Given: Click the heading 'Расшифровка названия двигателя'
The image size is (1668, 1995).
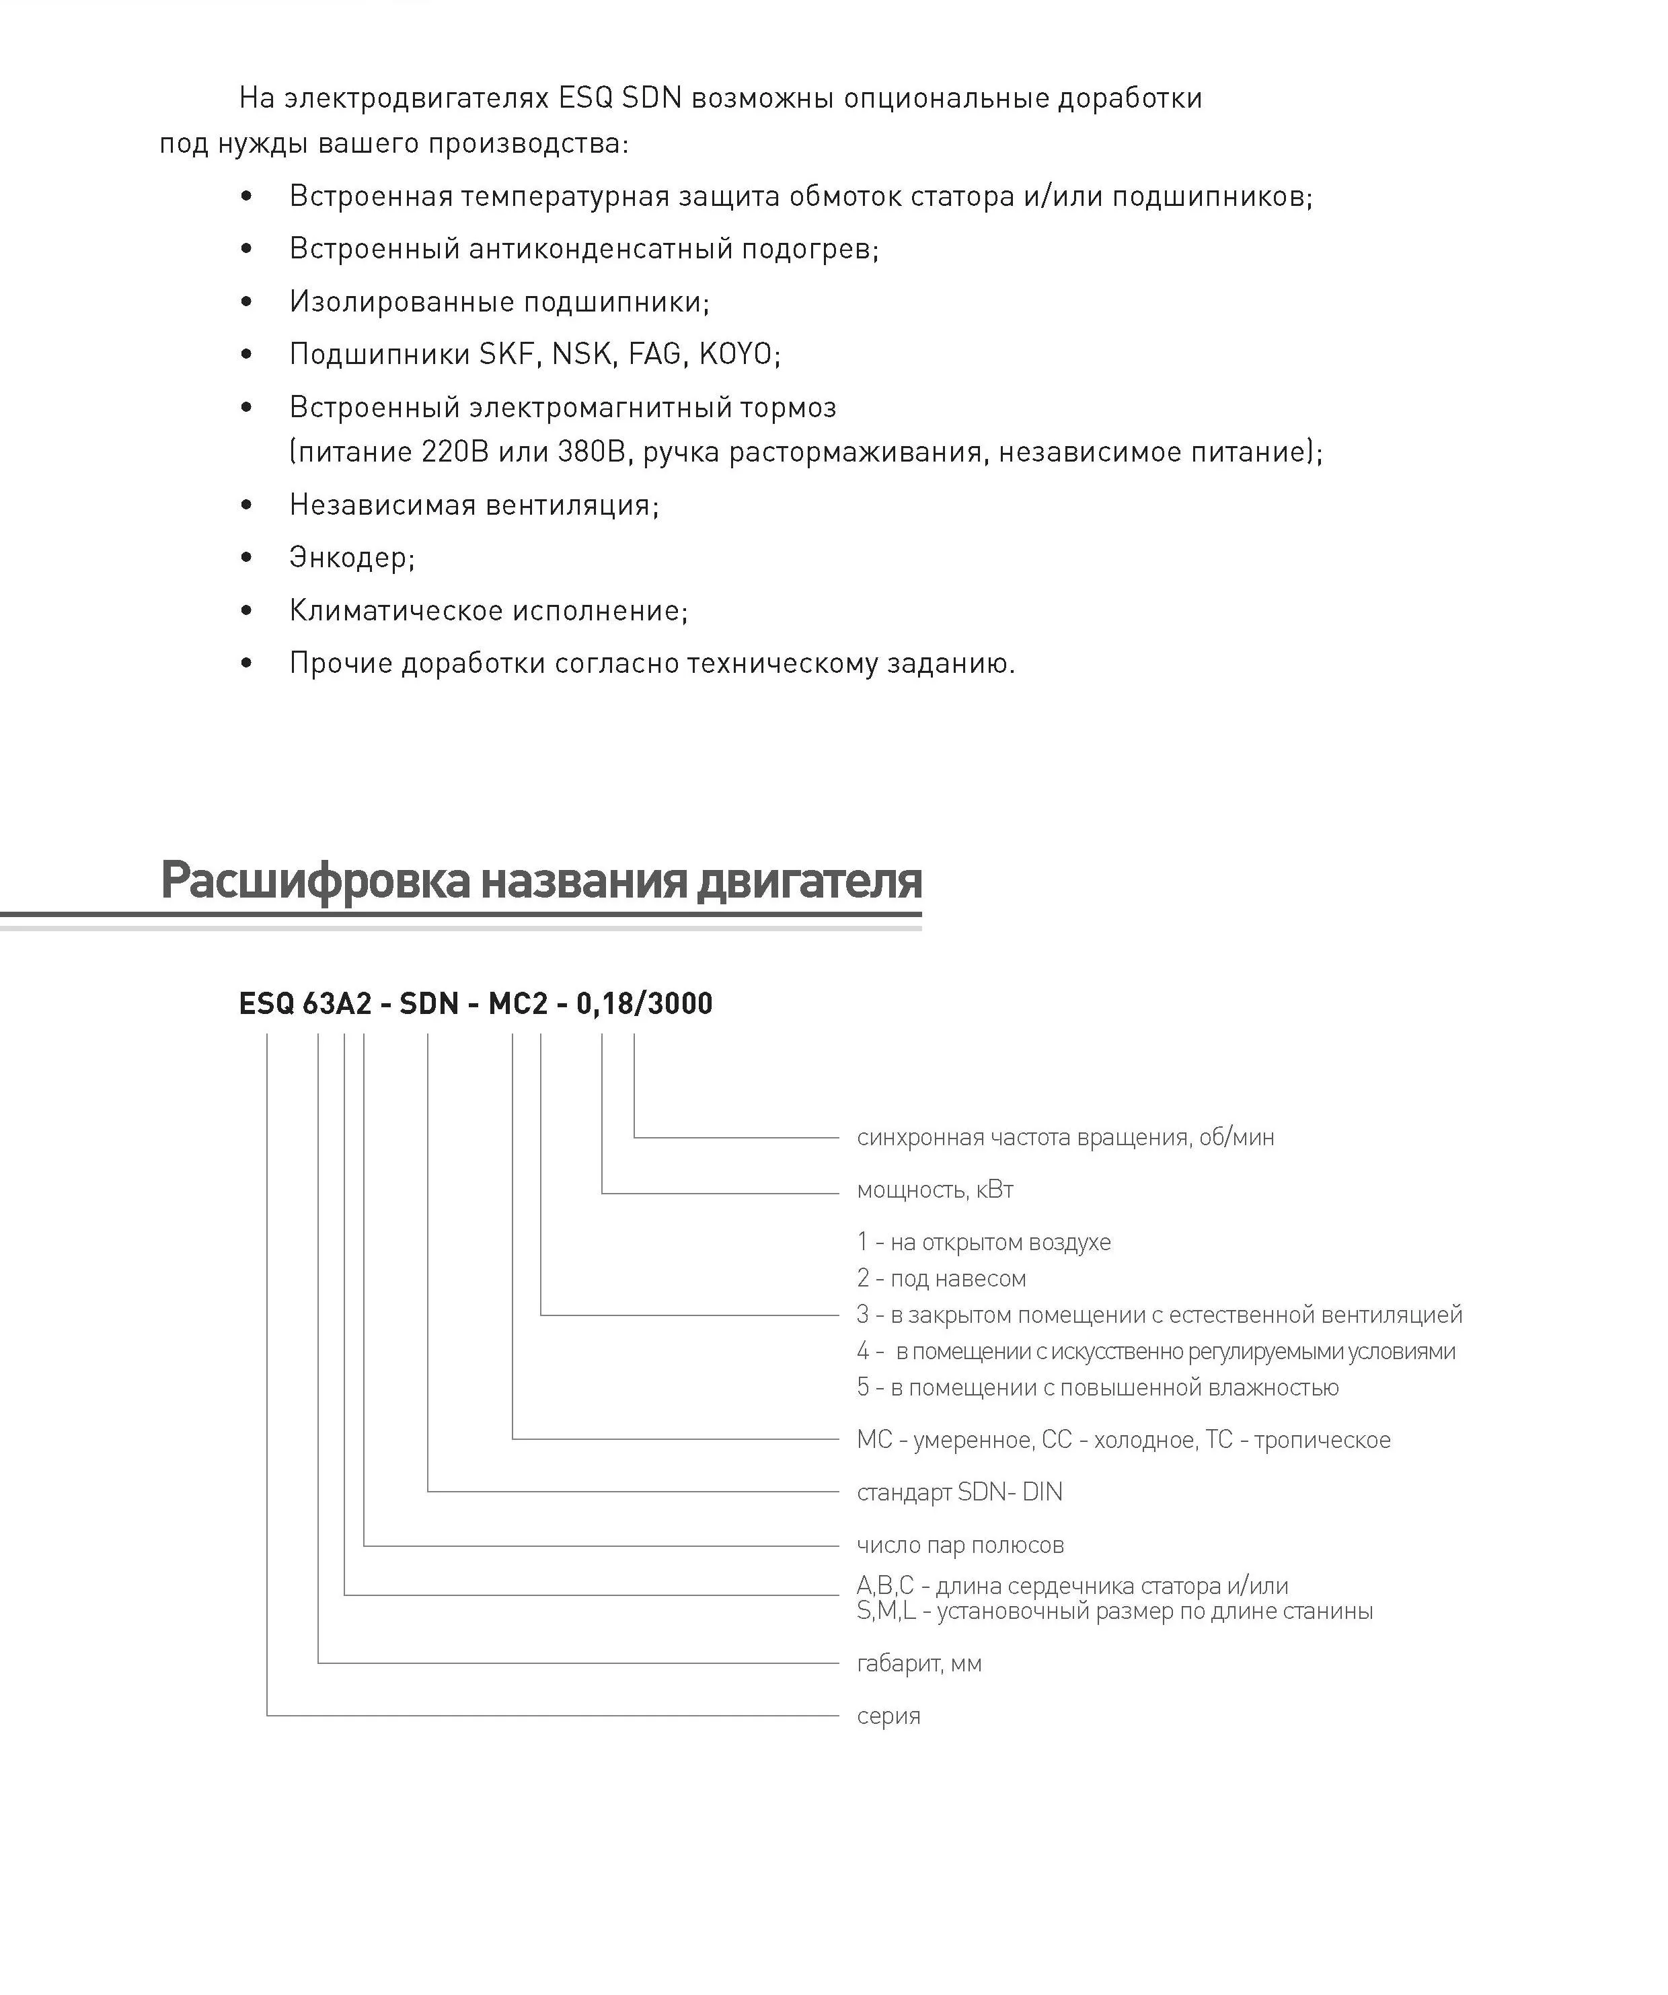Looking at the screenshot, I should pyautogui.click(x=541, y=879).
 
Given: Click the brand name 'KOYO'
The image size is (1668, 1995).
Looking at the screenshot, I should pyautogui.click(x=736, y=355).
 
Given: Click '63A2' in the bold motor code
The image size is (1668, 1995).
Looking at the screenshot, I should pyautogui.click(x=337, y=1003).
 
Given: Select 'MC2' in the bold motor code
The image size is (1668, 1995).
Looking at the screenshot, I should pyautogui.click(x=518, y=1003).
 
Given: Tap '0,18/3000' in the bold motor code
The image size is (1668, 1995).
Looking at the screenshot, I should pyautogui.click(x=644, y=1003).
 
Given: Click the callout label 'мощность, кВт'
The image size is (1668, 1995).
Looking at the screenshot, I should pyautogui.click(x=935, y=1190).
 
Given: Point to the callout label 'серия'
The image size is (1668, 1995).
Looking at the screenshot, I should pyautogui.click(x=888, y=1716).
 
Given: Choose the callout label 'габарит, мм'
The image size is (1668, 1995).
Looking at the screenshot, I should pyautogui.click(x=919, y=1663).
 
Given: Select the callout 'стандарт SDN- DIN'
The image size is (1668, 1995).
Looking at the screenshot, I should pyautogui.click(x=959, y=1492).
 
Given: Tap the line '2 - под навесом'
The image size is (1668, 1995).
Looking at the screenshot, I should pyautogui.click(x=942, y=1278).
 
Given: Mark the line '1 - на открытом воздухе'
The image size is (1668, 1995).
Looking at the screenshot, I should pyautogui.click(x=983, y=1243).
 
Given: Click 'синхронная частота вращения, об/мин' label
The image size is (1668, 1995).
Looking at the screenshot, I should pyautogui.click(x=1065, y=1137).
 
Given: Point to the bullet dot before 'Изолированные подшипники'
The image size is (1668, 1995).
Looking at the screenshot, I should pyautogui.click(x=247, y=302).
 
